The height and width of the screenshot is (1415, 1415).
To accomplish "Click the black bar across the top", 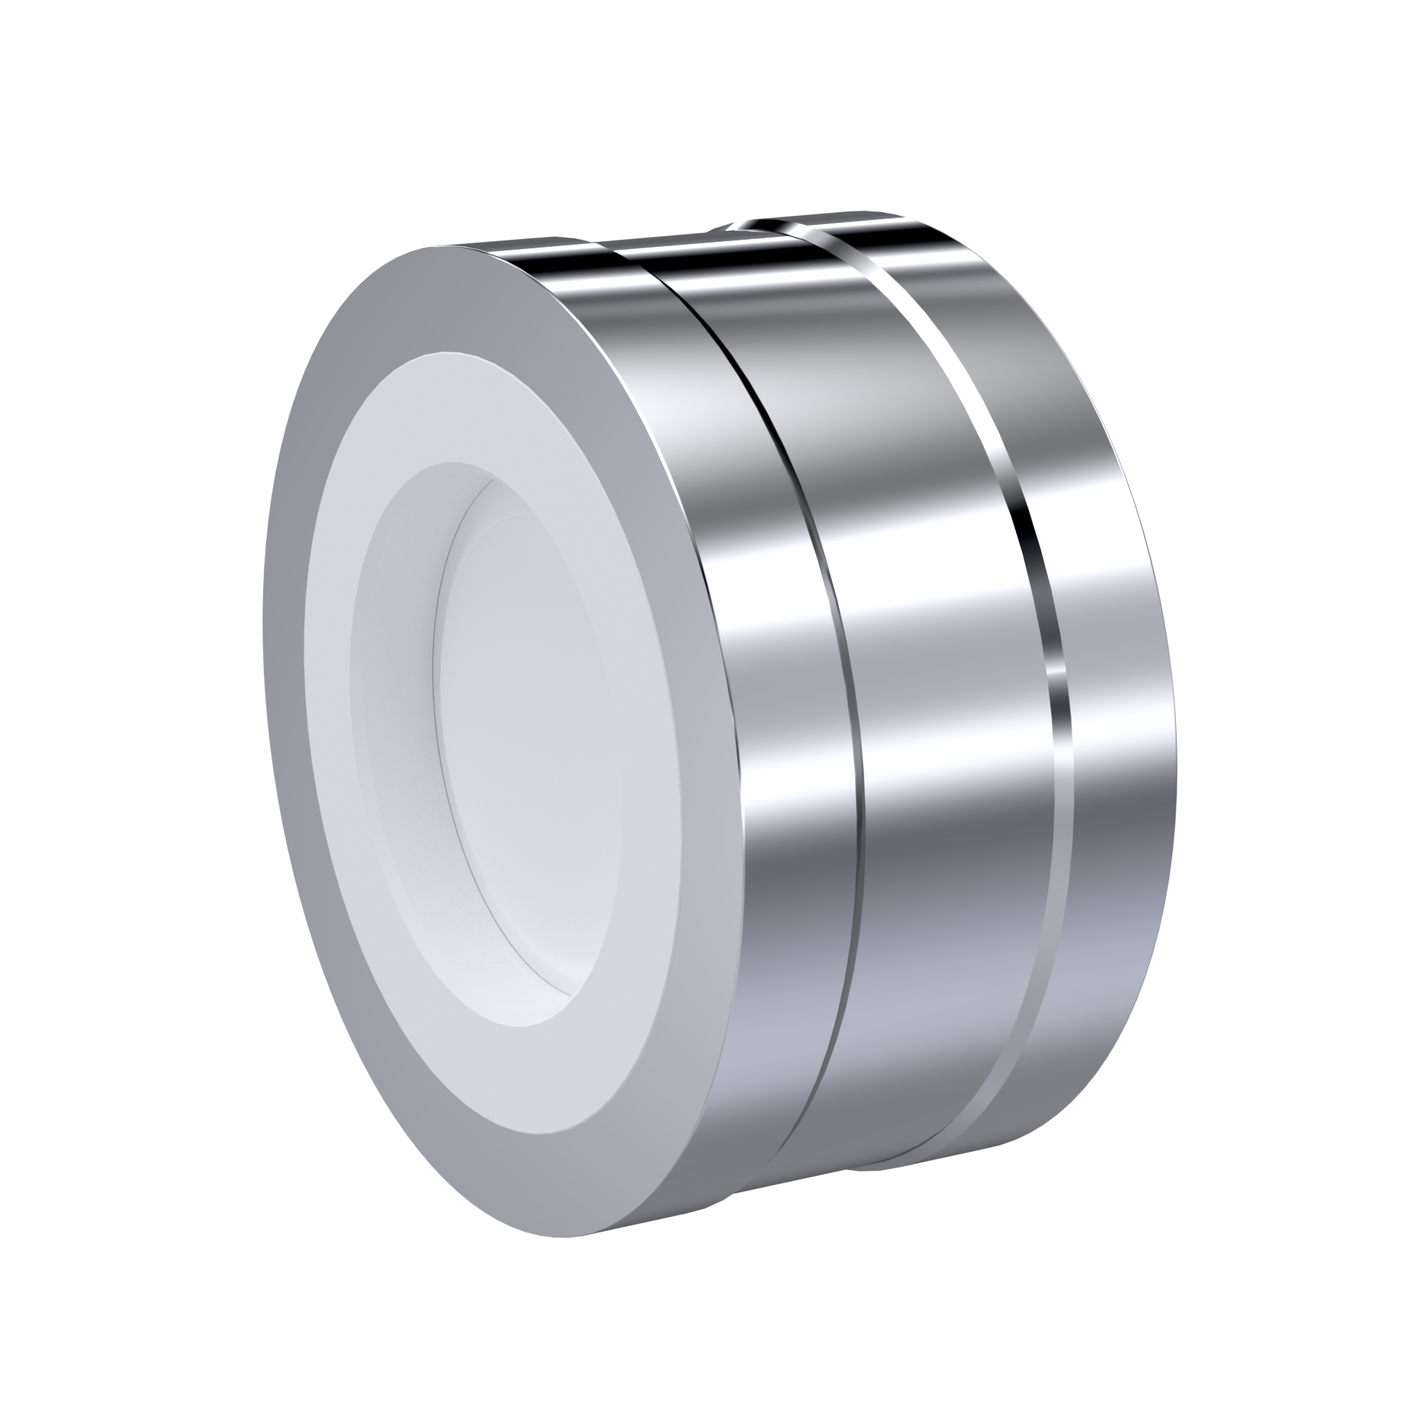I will pyautogui.click(x=707, y=103).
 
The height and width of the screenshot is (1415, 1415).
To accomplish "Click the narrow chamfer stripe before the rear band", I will pyautogui.click(x=1055, y=732).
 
